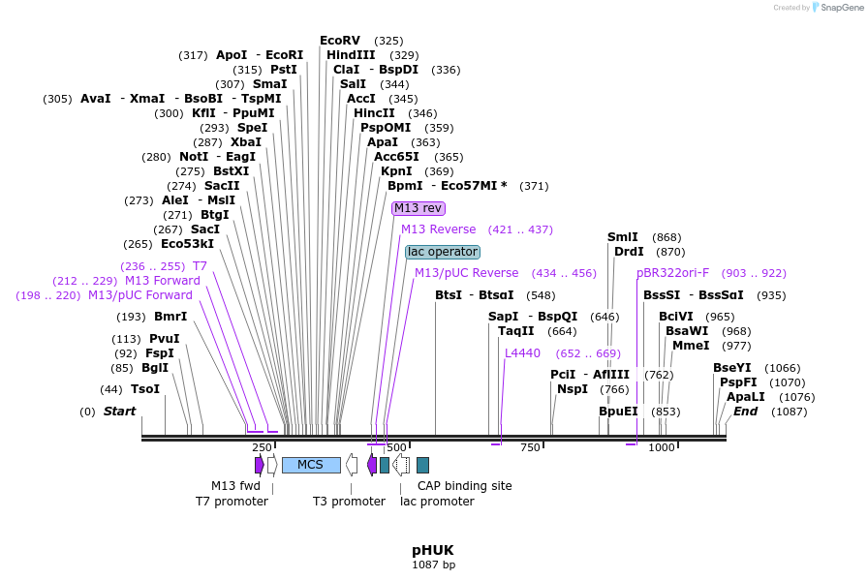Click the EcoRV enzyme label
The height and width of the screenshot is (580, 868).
340,41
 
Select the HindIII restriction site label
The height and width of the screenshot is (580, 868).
351,55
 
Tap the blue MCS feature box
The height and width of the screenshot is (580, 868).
311,465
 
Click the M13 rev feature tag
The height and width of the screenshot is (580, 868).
418,208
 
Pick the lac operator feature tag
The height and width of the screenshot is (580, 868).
443,252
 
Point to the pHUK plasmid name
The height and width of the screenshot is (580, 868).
433,549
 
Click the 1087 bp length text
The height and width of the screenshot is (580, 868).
433,565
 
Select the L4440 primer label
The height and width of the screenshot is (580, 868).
522,353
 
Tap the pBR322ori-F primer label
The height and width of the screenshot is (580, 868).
673,273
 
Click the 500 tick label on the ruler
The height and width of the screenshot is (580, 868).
396,447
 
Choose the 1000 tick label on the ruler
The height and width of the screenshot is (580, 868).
662,447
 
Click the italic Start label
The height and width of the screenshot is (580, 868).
119,412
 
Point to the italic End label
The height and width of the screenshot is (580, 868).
746,412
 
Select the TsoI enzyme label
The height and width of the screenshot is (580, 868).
145,389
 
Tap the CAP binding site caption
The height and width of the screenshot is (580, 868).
465,486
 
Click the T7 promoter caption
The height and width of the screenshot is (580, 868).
232,502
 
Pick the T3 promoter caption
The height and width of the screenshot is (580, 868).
349,502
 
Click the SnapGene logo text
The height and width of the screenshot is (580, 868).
839,8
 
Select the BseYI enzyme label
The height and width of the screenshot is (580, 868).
732,368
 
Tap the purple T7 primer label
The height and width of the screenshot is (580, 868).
200,266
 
